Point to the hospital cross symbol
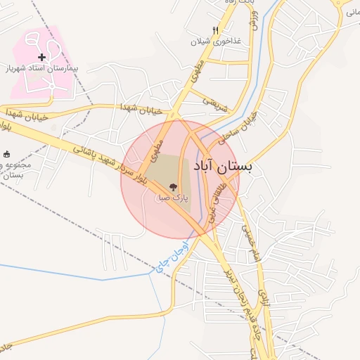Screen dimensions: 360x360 (41, 56)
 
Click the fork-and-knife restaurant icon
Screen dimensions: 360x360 (215, 30)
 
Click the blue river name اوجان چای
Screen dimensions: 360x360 (172, 257)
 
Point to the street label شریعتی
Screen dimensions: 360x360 (216, 103)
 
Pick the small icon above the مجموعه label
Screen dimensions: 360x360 (8, 154)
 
